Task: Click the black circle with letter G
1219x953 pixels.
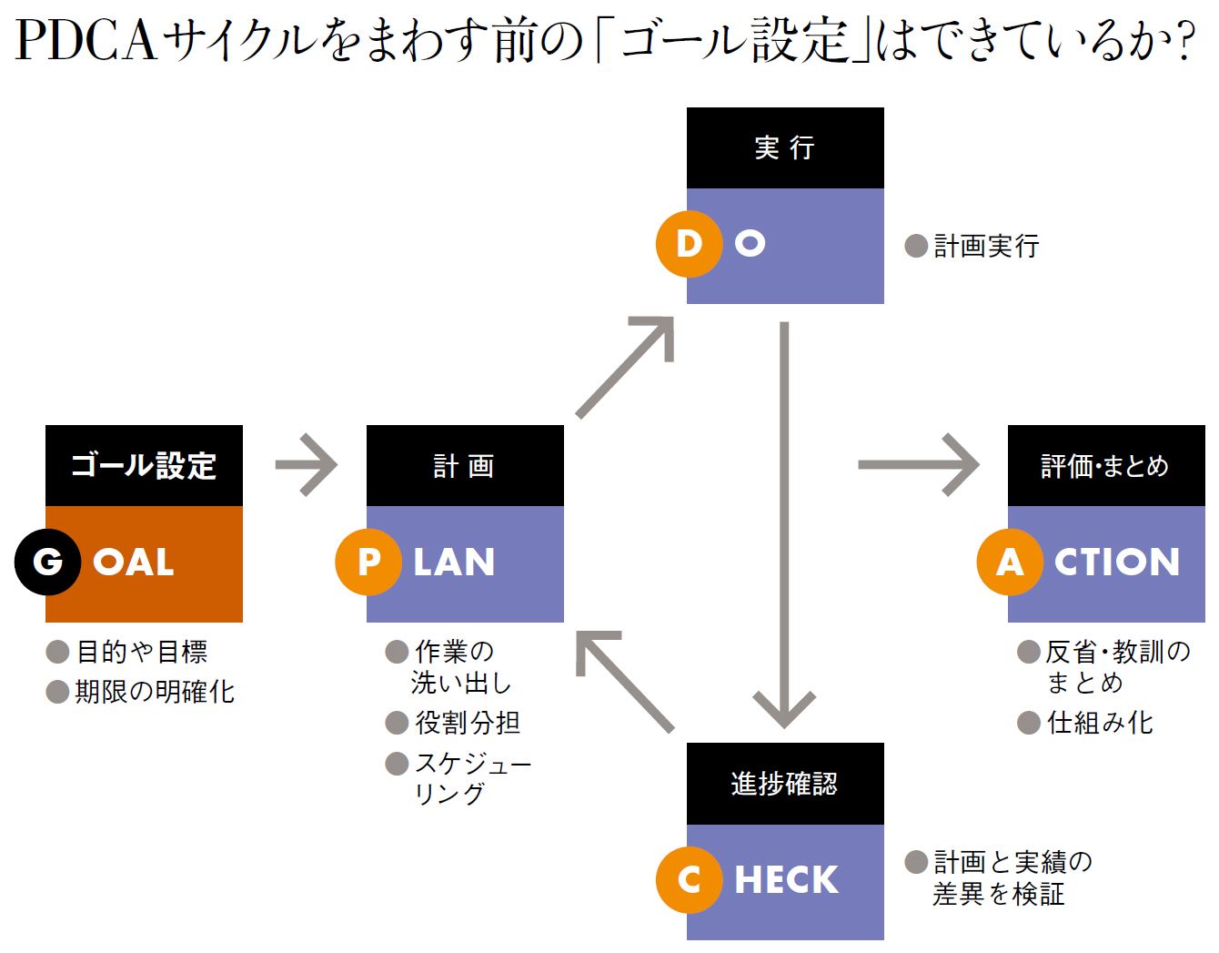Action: [x=47, y=562]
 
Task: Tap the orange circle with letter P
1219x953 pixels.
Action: [x=368, y=562]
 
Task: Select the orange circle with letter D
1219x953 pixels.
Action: [x=689, y=243]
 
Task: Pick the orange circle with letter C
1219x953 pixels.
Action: [x=689, y=879]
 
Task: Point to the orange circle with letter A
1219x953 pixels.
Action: [x=1010, y=562]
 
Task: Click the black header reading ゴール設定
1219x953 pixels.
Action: [x=144, y=466]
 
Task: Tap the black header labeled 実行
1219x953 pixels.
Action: [x=785, y=147]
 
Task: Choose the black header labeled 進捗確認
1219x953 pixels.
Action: [x=785, y=784]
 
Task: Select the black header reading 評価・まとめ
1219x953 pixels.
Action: [x=1105, y=466]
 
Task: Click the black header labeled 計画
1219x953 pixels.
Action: [x=465, y=466]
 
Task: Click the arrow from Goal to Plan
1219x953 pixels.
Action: [x=307, y=465]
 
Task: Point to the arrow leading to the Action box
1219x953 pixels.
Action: [x=919, y=465]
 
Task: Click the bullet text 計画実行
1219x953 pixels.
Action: [x=986, y=246]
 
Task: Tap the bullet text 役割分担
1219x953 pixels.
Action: [x=468, y=723]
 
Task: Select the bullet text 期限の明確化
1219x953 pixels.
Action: [x=155, y=692]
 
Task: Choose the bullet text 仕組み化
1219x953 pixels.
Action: [x=1100, y=723]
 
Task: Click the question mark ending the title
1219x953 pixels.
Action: [x=1184, y=41]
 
